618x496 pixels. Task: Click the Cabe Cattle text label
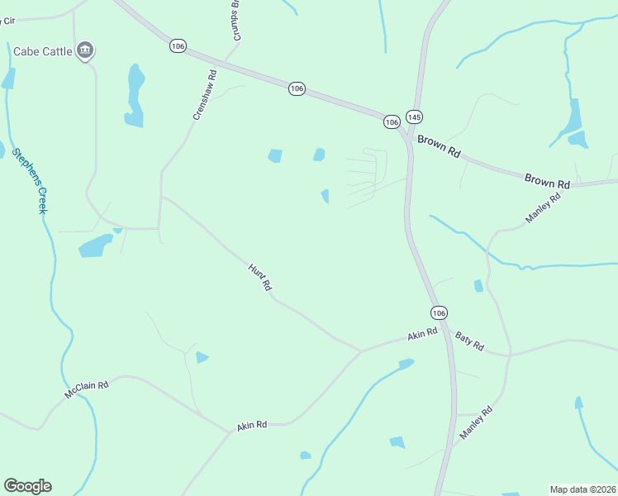(43, 51)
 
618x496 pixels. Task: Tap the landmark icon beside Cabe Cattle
(84, 51)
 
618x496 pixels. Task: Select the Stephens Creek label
(30, 180)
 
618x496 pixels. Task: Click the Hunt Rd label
(260, 276)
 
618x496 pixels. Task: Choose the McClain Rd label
(87, 390)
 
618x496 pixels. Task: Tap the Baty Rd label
(469, 340)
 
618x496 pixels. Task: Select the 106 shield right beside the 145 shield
(392, 122)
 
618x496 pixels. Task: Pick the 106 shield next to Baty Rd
(439, 312)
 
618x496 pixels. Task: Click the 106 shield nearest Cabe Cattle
(178, 45)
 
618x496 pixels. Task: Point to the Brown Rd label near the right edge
(547, 179)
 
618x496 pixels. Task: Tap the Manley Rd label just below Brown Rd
(543, 207)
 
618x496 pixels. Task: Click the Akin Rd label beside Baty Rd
(421, 335)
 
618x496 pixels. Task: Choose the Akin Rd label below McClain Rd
(252, 425)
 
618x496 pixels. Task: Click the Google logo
(27, 486)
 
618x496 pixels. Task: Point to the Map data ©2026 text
(582, 489)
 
